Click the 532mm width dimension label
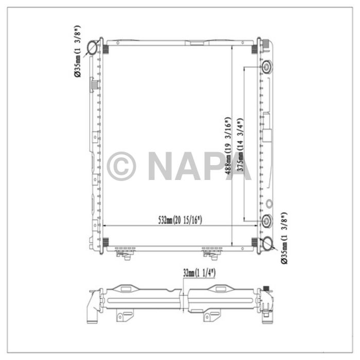180,220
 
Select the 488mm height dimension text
227,146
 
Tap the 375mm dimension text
240,145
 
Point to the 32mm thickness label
200,273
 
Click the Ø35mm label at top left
78,51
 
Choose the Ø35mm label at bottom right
284,238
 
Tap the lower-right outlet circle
267,243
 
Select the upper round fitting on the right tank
266,67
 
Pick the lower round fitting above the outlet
267,221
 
